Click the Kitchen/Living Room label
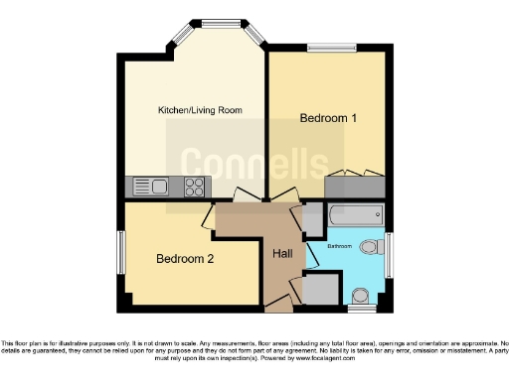(200, 109)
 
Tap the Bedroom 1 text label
(328, 118)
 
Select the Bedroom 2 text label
(184, 259)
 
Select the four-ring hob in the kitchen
(195, 186)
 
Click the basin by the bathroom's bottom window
(361, 295)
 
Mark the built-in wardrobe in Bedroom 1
(355, 186)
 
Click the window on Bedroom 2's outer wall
(121, 252)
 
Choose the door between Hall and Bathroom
(311, 254)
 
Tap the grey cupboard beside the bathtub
(312, 216)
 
